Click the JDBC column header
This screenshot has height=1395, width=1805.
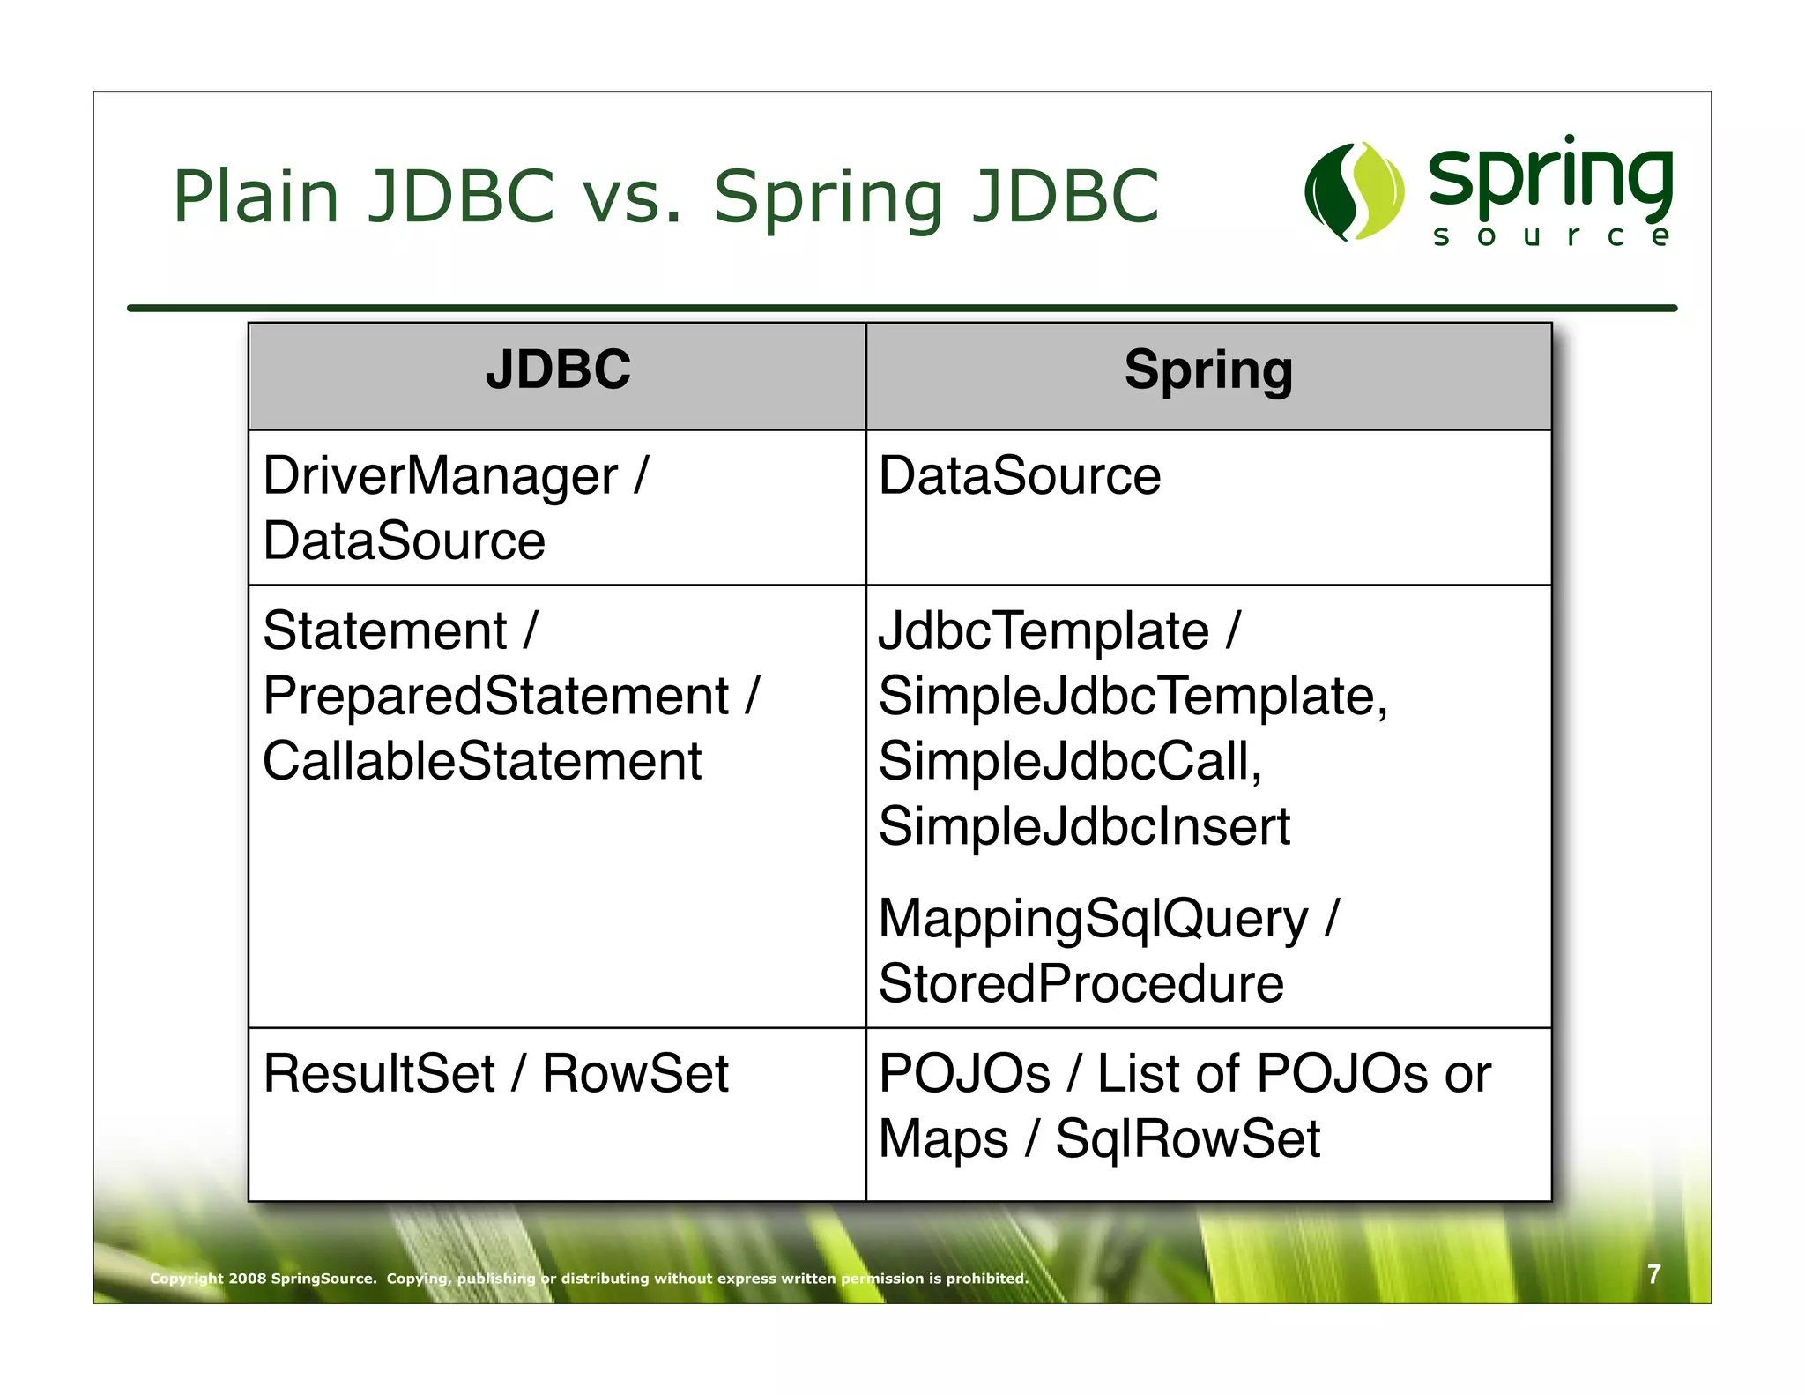(x=558, y=369)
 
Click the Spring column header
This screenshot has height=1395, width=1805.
(x=1208, y=369)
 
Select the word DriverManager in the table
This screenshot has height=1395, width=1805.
(x=440, y=476)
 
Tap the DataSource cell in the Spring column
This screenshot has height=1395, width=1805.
(x=1020, y=476)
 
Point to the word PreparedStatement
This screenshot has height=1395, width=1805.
(x=496, y=696)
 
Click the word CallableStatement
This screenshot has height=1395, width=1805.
(x=482, y=761)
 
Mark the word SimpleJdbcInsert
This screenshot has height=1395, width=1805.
(x=1084, y=826)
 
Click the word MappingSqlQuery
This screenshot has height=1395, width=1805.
(x=1093, y=920)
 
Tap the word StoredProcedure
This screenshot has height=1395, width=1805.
(x=1081, y=983)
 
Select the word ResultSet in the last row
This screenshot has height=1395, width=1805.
(x=379, y=1074)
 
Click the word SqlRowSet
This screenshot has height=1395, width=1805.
(x=1188, y=1138)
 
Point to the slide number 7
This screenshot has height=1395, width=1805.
(x=1653, y=1274)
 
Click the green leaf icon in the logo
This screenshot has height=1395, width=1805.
(x=1354, y=191)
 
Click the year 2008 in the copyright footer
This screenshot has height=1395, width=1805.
(x=247, y=1279)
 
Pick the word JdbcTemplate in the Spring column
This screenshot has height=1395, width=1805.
(x=1044, y=631)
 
